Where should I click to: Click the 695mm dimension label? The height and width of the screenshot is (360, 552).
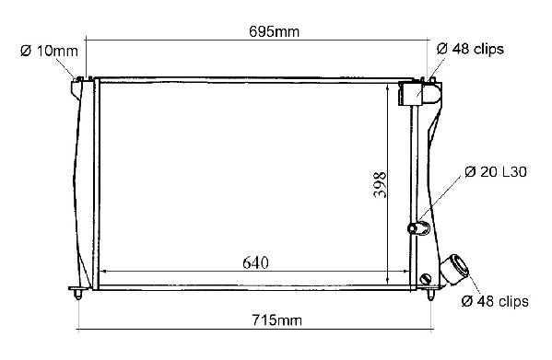(x=275, y=31)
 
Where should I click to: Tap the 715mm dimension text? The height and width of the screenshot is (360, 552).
(x=277, y=320)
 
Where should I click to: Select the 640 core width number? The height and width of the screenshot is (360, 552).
(x=255, y=262)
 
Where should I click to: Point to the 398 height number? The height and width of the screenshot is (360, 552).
(x=380, y=184)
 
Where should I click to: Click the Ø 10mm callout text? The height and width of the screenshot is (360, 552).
(x=49, y=51)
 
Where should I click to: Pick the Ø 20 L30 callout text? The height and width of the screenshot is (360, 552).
(x=496, y=171)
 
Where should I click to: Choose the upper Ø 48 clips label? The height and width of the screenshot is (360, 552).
(x=470, y=49)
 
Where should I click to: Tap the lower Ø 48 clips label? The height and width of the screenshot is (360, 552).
(x=495, y=301)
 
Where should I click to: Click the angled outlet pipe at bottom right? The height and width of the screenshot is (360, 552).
(x=454, y=269)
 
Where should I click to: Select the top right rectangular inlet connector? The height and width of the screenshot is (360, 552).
(x=410, y=93)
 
